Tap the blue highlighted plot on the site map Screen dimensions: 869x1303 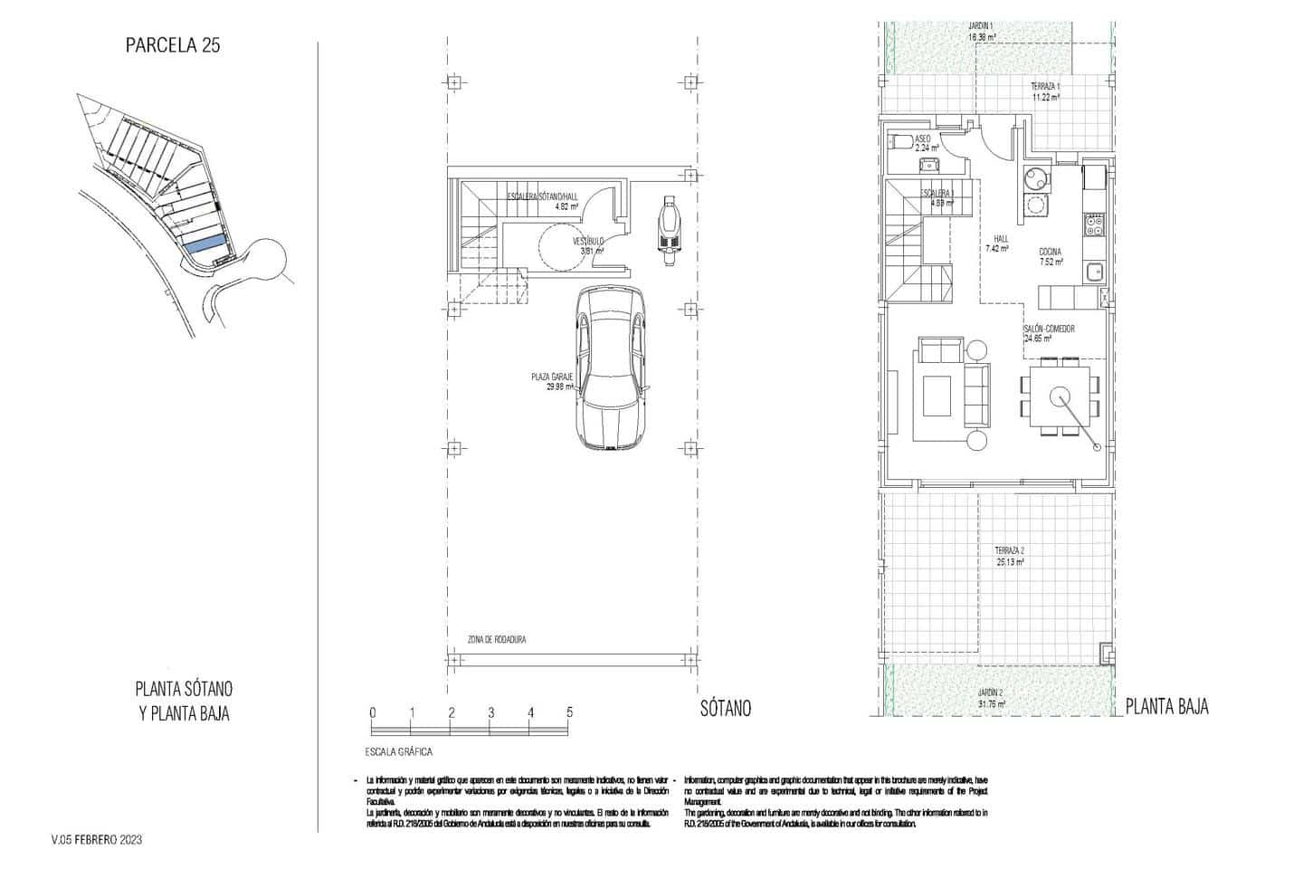point(204,243)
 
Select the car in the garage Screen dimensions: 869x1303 point(612,368)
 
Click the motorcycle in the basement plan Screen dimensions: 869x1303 point(669,232)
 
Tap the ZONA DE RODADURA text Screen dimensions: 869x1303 point(496,640)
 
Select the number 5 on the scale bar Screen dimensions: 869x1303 point(570,712)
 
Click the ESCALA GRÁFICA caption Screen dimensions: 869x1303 point(398,752)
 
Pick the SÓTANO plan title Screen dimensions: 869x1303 point(725,709)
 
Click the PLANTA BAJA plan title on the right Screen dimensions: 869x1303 point(1167,707)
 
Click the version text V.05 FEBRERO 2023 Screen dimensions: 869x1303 point(97,840)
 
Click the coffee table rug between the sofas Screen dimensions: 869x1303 point(938,396)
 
